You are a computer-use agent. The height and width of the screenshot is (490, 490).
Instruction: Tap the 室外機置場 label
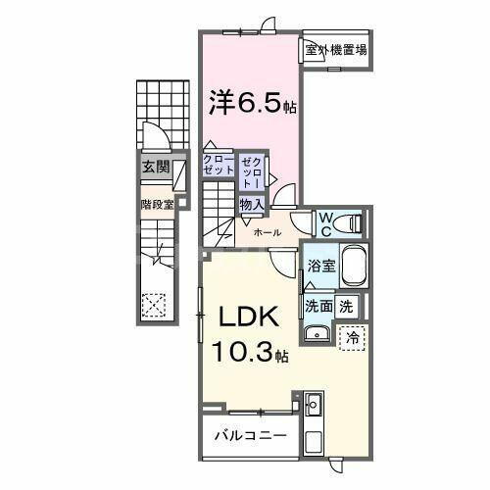pos(334,50)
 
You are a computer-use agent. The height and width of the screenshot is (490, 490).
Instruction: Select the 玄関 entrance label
pos(154,167)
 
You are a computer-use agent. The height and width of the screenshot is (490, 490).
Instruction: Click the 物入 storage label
pos(251,204)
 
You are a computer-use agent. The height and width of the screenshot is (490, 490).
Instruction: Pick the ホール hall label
pos(268,232)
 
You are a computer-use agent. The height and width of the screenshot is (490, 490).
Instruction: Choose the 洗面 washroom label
pos(318,305)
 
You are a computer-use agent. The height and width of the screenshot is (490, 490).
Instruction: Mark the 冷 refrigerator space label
pos(352,337)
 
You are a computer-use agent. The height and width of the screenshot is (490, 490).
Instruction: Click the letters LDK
pos(249,318)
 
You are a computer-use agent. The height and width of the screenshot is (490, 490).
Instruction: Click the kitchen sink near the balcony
pos(315,404)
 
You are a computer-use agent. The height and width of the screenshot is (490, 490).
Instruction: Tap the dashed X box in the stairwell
pos(154,305)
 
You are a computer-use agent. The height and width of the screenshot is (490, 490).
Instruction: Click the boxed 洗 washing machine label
pos(346,305)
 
